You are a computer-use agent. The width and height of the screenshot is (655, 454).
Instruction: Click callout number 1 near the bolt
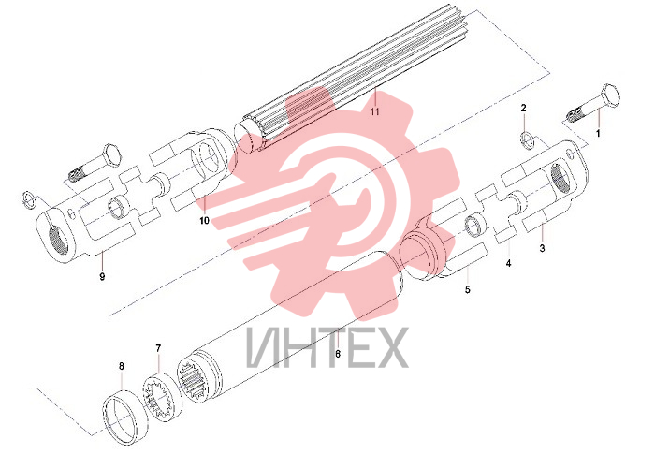598,133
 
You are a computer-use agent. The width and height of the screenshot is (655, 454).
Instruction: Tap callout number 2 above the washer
523,108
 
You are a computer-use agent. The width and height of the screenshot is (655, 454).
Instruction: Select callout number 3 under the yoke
542,248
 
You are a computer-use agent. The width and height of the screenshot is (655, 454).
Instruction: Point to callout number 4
508,263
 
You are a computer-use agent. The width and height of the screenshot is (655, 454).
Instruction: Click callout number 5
468,289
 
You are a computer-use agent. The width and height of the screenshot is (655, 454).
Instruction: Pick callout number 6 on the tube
338,354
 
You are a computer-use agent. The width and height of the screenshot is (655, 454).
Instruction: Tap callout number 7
158,348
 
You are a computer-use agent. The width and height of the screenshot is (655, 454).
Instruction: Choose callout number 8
122,366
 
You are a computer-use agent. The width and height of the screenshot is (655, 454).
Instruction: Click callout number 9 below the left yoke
102,276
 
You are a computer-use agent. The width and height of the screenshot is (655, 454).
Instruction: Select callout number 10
204,220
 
